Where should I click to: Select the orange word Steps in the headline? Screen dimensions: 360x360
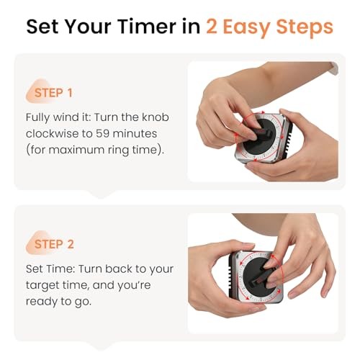(x=304, y=27)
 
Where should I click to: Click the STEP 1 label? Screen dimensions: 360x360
(x=54, y=94)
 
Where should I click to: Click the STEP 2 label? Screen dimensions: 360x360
(x=54, y=244)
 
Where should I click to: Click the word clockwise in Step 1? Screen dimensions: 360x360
(x=60, y=134)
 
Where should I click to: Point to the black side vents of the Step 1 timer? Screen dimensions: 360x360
(x=288, y=135)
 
